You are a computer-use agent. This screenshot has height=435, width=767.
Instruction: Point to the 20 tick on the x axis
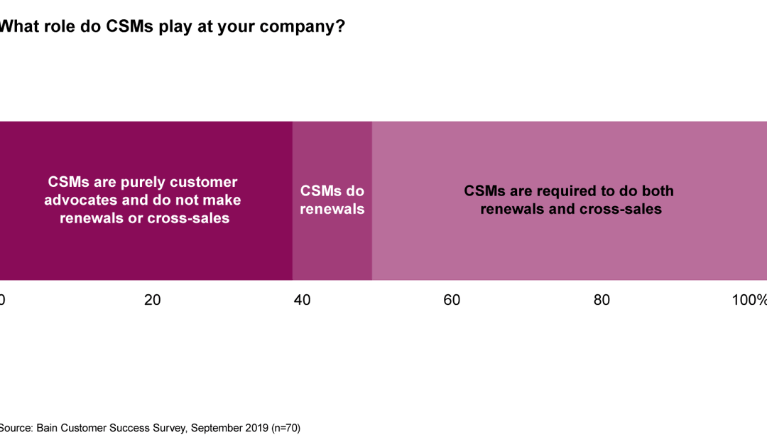point(152,300)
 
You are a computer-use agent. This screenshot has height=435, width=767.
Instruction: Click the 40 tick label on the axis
point(302,300)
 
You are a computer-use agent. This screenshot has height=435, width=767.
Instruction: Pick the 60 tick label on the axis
point(452,300)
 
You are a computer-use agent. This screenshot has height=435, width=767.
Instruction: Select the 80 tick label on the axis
point(602,300)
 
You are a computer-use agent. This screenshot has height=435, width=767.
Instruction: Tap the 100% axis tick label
point(749,300)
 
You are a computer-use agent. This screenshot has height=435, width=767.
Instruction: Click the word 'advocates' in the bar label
point(75,200)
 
